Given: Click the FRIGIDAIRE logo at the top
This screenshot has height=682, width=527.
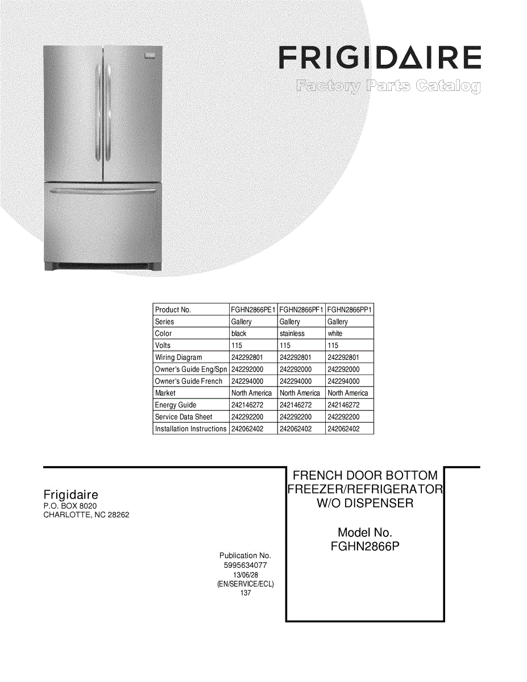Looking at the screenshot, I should (380, 58).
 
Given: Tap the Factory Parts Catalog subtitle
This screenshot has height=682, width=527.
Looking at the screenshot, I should (388, 87).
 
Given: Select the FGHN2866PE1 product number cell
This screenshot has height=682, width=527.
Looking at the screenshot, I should (253, 310).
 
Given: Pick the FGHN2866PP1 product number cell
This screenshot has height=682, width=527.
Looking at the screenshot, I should (350, 310).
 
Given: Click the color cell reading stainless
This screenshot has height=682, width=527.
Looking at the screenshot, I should (292, 334).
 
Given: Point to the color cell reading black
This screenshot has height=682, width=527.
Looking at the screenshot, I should (239, 334).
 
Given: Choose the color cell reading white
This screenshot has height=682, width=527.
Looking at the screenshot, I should (335, 334).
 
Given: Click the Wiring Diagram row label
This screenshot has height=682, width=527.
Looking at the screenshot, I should (179, 357).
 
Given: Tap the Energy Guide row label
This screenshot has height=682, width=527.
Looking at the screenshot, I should (176, 405).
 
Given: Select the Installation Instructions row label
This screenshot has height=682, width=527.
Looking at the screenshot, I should (190, 429).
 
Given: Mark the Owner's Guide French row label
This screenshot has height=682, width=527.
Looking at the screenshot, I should (189, 381).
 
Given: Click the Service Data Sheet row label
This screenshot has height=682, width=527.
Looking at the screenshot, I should (184, 417).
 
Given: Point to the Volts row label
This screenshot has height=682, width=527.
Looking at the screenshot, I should (163, 346).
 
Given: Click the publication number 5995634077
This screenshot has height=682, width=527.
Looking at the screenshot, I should (245, 565).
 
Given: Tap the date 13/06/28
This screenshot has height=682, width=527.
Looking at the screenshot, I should (245, 575).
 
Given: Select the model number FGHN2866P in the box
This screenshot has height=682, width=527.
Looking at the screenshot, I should (365, 547).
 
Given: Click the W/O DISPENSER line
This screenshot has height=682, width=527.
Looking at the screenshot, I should (365, 504).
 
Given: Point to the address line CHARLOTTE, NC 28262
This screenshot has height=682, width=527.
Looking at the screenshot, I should (86, 515).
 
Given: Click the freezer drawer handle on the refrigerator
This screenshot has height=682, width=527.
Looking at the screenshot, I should (102, 191).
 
